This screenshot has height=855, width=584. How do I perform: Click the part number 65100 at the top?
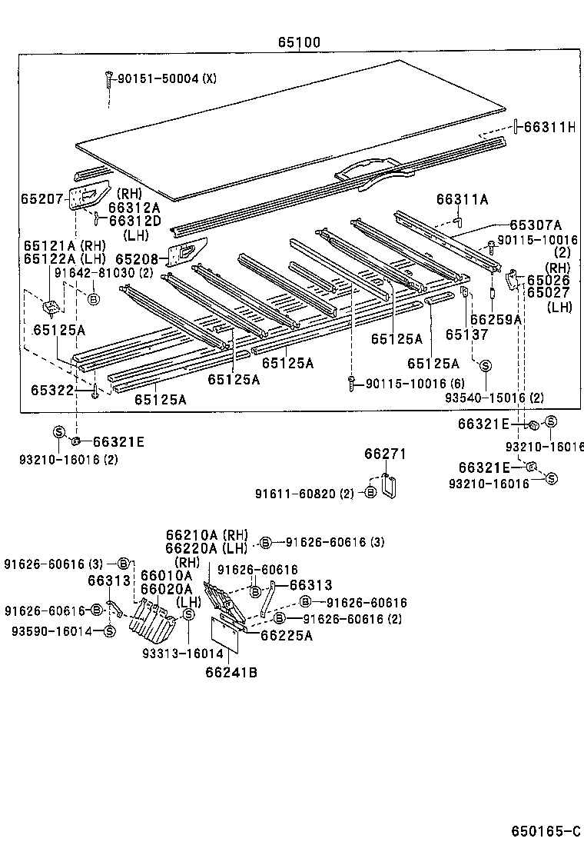(300, 43)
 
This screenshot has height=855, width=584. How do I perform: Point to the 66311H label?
(549, 127)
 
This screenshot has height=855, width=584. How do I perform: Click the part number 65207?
(42, 198)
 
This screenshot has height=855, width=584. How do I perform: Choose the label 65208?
(137, 260)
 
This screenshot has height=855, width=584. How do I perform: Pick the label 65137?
(466, 334)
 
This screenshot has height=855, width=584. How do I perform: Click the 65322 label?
(52, 391)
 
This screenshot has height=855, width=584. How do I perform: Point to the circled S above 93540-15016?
(486, 366)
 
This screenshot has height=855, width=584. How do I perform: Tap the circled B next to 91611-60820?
(370, 493)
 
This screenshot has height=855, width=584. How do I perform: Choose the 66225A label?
(286, 635)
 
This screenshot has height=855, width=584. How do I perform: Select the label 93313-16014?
(182, 654)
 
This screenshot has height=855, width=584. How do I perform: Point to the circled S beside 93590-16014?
(109, 631)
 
